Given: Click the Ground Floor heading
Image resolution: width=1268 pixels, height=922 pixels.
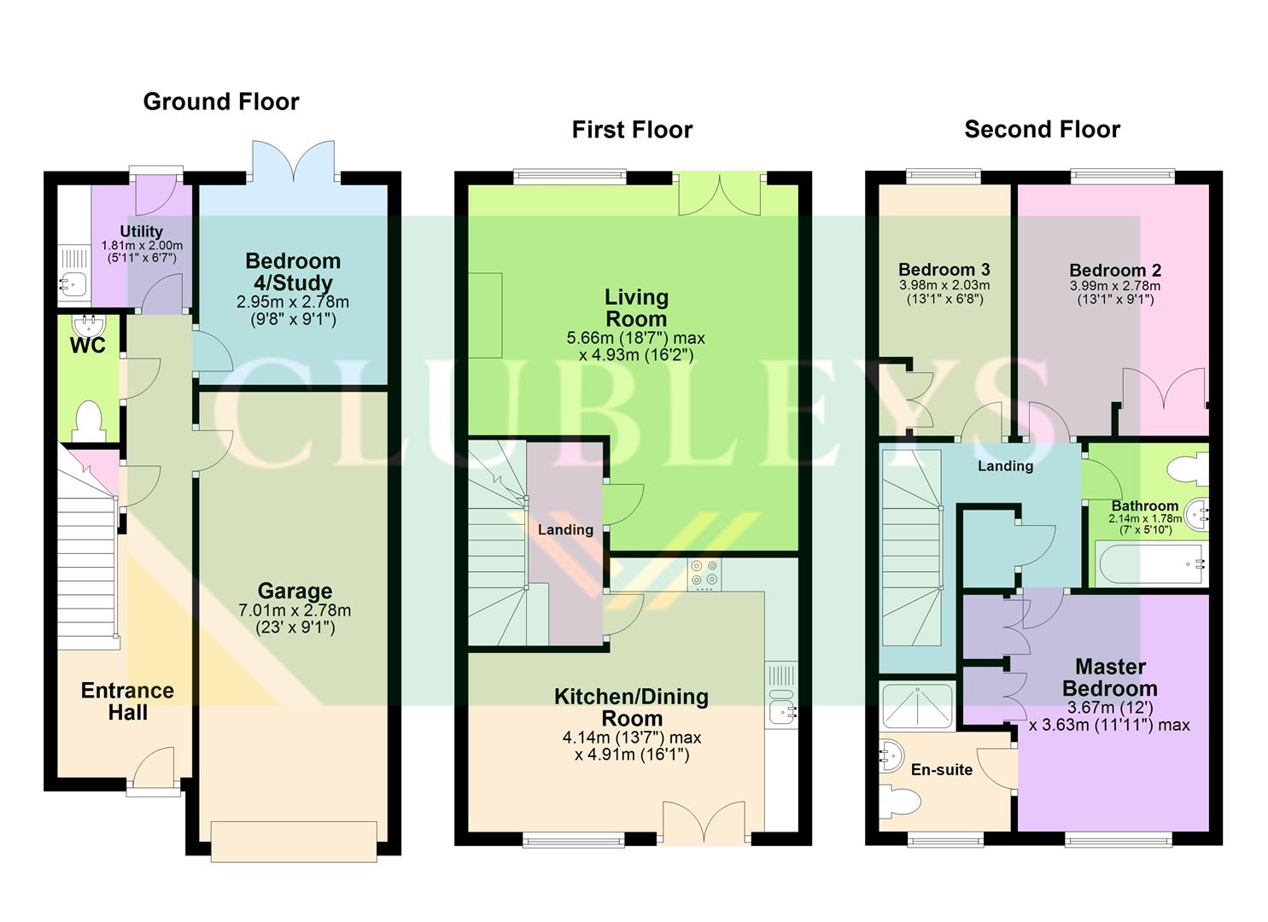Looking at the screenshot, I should pyautogui.click(x=221, y=102).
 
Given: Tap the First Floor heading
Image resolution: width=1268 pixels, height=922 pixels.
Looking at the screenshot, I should pyautogui.click(x=632, y=130).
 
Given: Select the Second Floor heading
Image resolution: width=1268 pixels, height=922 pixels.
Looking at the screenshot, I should pyautogui.click(x=1042, y=130).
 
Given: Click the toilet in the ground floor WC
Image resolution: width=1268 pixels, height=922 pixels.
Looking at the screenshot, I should pyautogui.click(x=88, y=421).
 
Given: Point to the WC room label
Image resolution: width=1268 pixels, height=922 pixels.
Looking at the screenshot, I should pyautogui.click(x=88, y=345).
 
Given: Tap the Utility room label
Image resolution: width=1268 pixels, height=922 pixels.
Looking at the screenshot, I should pyautogui.click(x=141, y=231).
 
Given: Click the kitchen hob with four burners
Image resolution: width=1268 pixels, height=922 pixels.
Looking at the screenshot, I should pyautogui.click(x=704, y=574).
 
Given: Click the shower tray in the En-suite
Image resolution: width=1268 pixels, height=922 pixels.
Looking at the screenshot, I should pyautogui.click(x=916, y=708).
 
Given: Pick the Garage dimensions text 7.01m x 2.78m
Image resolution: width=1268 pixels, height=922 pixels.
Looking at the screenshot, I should pyautogui.click(x=295, y=610).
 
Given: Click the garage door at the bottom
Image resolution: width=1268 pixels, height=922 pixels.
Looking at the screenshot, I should pyautogui.click(x=295, y=842).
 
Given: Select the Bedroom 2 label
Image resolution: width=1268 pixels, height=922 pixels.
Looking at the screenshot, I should pyautogui.click(x=1114, y=271).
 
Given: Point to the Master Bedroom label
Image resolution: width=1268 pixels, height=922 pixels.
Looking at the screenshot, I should pyautogui.click(x=1110, y=677).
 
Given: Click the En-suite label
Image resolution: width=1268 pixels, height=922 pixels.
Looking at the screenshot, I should pyautogui.click(x=941, y=770).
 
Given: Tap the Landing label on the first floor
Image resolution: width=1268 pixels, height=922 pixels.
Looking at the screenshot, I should pyautogui.click(x=565, y=530).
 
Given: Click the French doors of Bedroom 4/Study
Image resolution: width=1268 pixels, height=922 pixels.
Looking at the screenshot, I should pyautogui.click(x=295, y=162).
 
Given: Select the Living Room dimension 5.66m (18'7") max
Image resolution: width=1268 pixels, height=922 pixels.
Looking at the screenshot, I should pyautogui.click(x=636, y=337).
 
